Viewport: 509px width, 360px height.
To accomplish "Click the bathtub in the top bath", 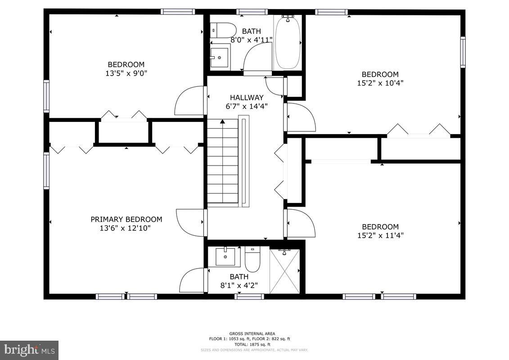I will tap(287, 43).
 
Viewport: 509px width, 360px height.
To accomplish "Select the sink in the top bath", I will tap(220, 56).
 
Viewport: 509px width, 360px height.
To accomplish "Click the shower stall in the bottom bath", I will tap(284, 271).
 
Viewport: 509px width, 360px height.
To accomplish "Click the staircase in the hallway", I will tap(222, 162).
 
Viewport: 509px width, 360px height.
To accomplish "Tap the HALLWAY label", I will tap(246, 97).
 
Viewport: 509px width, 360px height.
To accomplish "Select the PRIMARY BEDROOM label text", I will tap(126, 219).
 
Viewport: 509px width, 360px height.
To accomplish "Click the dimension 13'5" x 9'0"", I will tap(126, 73).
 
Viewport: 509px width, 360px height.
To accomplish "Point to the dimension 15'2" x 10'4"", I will tap(380, 83).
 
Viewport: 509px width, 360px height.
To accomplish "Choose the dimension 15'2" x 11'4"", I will tap(380, 235).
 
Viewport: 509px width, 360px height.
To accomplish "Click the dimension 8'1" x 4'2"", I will tap(239, 285).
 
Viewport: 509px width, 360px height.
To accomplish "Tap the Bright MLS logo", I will tap(29, 350).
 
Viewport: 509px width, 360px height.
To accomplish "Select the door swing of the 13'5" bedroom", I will tap(189, 101).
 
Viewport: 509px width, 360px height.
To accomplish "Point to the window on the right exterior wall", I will tap(462, 52).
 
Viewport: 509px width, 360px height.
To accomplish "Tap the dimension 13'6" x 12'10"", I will tap(125, 228).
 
